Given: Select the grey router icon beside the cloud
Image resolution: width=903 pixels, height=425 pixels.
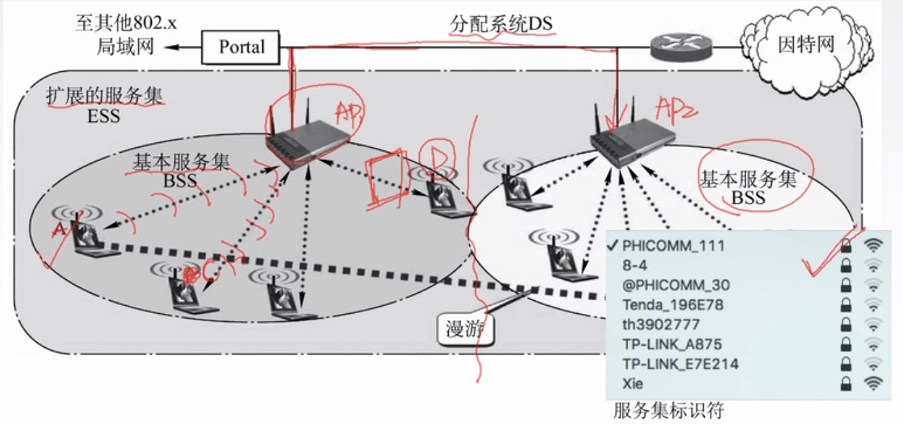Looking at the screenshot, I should coord(681,47).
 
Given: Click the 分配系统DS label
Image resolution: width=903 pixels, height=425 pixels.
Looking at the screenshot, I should coord(502,24).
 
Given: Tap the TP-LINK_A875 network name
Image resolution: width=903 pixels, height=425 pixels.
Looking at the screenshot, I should coord(662,344).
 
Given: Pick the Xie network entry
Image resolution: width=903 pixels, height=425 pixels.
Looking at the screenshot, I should coord(633,384).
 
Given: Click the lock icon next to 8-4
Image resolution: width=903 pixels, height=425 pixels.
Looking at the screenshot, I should coord(845,266).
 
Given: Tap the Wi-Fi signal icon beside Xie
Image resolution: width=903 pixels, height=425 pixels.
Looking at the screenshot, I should coord(873,384).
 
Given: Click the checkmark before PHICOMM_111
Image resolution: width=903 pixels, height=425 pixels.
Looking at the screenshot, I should coord(613,245).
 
